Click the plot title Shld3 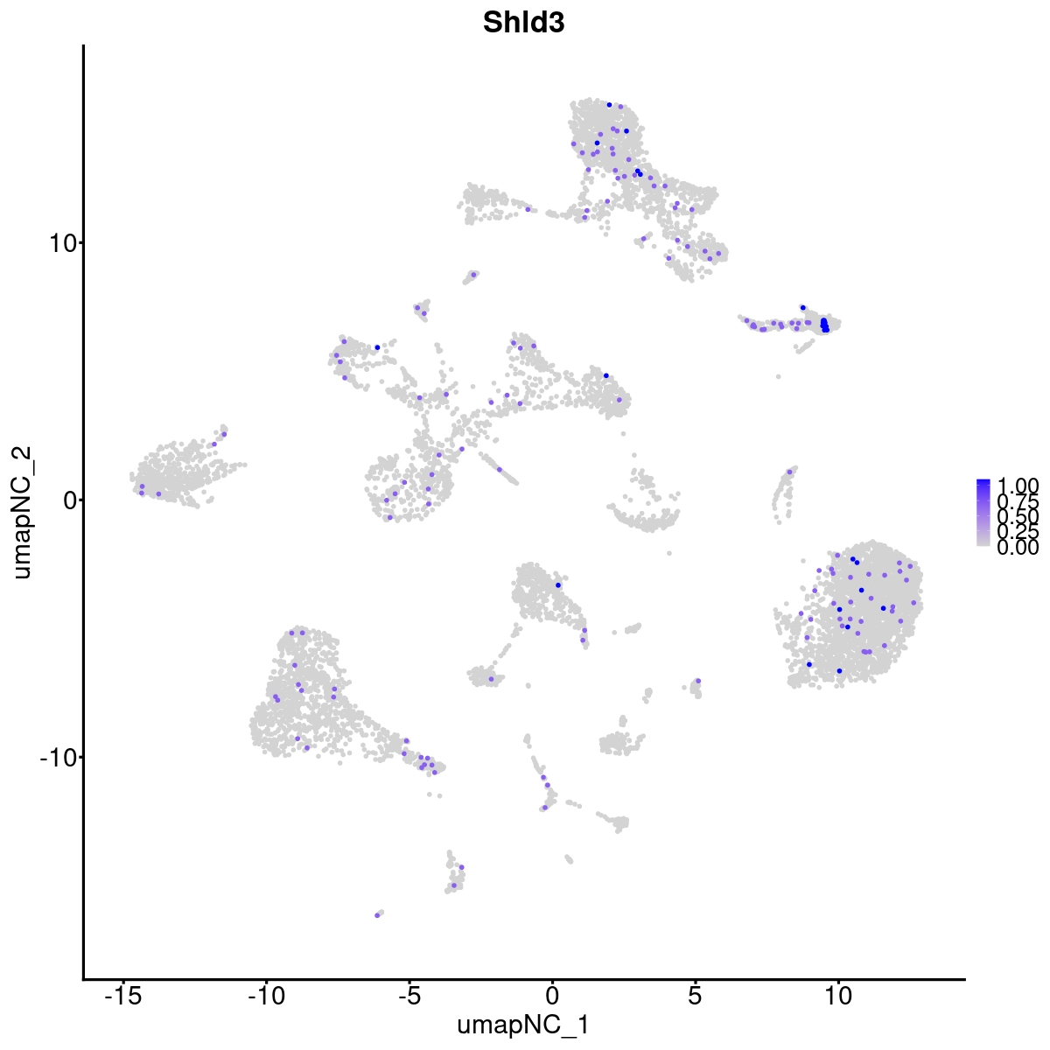pos(523,24)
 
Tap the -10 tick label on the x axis pos(266,997)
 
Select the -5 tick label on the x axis pos(409,997)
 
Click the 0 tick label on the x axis pos(552,997)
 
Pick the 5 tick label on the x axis pos(695,997)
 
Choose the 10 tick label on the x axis pos(838,997)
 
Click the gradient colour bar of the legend pos(983,513)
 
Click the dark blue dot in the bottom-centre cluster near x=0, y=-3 pos(558,584)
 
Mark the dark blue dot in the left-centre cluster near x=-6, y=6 pos(377,347)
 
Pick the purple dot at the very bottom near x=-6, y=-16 pos(377,915)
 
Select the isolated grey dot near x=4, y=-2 pos(669,553)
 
